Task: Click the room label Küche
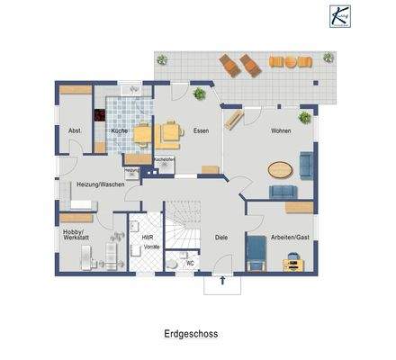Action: tap(119, 131)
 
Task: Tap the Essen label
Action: tap(201, 131)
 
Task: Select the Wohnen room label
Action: tap(281, 131)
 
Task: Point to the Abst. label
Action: tap(75, 131)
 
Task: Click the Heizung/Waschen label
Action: tap(100, 184)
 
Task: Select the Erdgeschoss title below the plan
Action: tap(191, 333)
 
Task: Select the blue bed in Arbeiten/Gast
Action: tap(256, 252)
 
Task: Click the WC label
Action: tap(190, 264)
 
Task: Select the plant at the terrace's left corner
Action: tap(162, 60)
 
